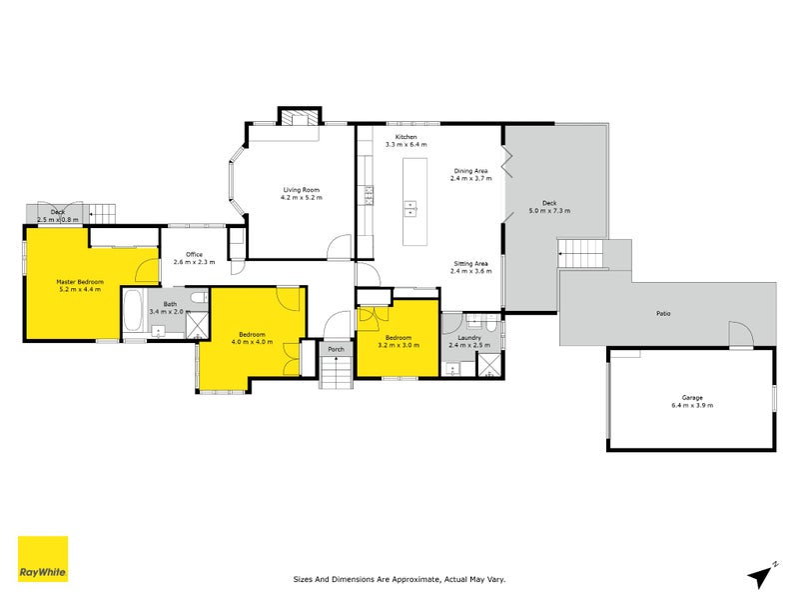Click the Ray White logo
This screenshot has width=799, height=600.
click(x=43, y=559)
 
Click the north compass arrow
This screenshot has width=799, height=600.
click(x=761, y=576)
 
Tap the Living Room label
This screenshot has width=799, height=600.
click(x=302, y=190)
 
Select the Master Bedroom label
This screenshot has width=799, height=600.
click(x=80, y=282)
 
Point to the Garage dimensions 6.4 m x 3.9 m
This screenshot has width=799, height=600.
click(x=692, y=405)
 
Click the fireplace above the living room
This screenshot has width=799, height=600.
click(x=300, y=117)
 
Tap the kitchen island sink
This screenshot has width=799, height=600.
click(x=410, y=208)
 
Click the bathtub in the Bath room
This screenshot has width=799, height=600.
click(x=135, y=311)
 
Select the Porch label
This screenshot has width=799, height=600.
click(x=336, y=349)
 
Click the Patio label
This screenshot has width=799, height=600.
click(x=663, y=313)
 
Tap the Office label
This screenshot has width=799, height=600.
click(x=194, y=254)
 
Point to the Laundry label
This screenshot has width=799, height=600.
click(x=469, y=338)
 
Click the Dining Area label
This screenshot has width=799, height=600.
click(x=470, y=171)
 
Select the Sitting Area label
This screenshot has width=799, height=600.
click(x=470, y=264)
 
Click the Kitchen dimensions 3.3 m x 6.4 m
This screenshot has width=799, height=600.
click(x=406, y=144)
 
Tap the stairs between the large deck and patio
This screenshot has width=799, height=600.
click(x=580, y=254)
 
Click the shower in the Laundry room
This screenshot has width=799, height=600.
click(x=488, y=364)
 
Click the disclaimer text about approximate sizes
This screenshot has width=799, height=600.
click(x=399, y=579)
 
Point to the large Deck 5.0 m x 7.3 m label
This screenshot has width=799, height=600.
click(x=549, y=207)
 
